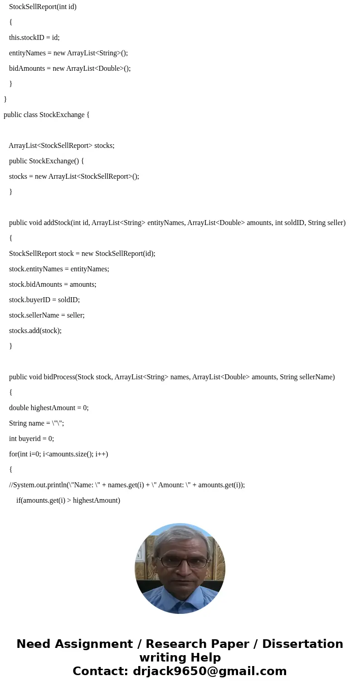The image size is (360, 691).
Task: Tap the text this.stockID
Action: point(27,38)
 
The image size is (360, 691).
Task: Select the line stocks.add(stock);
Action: point(35,331)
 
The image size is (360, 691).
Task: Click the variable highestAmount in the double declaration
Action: point(53,408)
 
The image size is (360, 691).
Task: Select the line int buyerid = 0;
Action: point(31,439)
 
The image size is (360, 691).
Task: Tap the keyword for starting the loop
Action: point(13,454)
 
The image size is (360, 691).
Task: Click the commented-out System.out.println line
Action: point(127,485)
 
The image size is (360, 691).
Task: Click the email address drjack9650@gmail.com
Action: point(209,671)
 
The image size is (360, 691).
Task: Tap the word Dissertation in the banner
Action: point(302,644)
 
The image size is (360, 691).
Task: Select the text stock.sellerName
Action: point(34,315)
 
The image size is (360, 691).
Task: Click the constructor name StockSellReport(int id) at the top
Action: point(43,7)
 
